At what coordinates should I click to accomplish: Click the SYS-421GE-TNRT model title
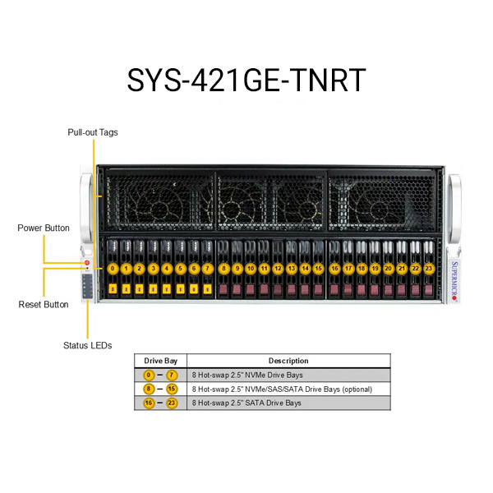point(246,80)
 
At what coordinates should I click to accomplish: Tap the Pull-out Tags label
point(93,132)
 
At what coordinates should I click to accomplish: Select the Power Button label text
point(44,228)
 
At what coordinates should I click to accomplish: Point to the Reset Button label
point(44,304)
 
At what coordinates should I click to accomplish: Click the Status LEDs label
point(87,346)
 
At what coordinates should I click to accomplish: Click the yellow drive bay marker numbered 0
point(113,269)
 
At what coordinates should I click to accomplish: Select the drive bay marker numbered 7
point(207,269)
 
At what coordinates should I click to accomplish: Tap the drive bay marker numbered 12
point(278,269)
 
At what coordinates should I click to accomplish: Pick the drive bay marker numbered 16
point(334,269)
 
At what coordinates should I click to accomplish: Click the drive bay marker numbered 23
point(429,269)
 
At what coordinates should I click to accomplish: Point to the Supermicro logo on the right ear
point(454,281)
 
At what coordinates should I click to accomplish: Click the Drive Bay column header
point(161,361)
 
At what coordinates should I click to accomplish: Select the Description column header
point(288,361)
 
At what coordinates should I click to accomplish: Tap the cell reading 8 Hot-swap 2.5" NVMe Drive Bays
point(247,376)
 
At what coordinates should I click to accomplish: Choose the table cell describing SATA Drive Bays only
point(246,403)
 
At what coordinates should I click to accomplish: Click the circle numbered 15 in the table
point(172,389)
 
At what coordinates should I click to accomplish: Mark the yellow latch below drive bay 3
point(153,289)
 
